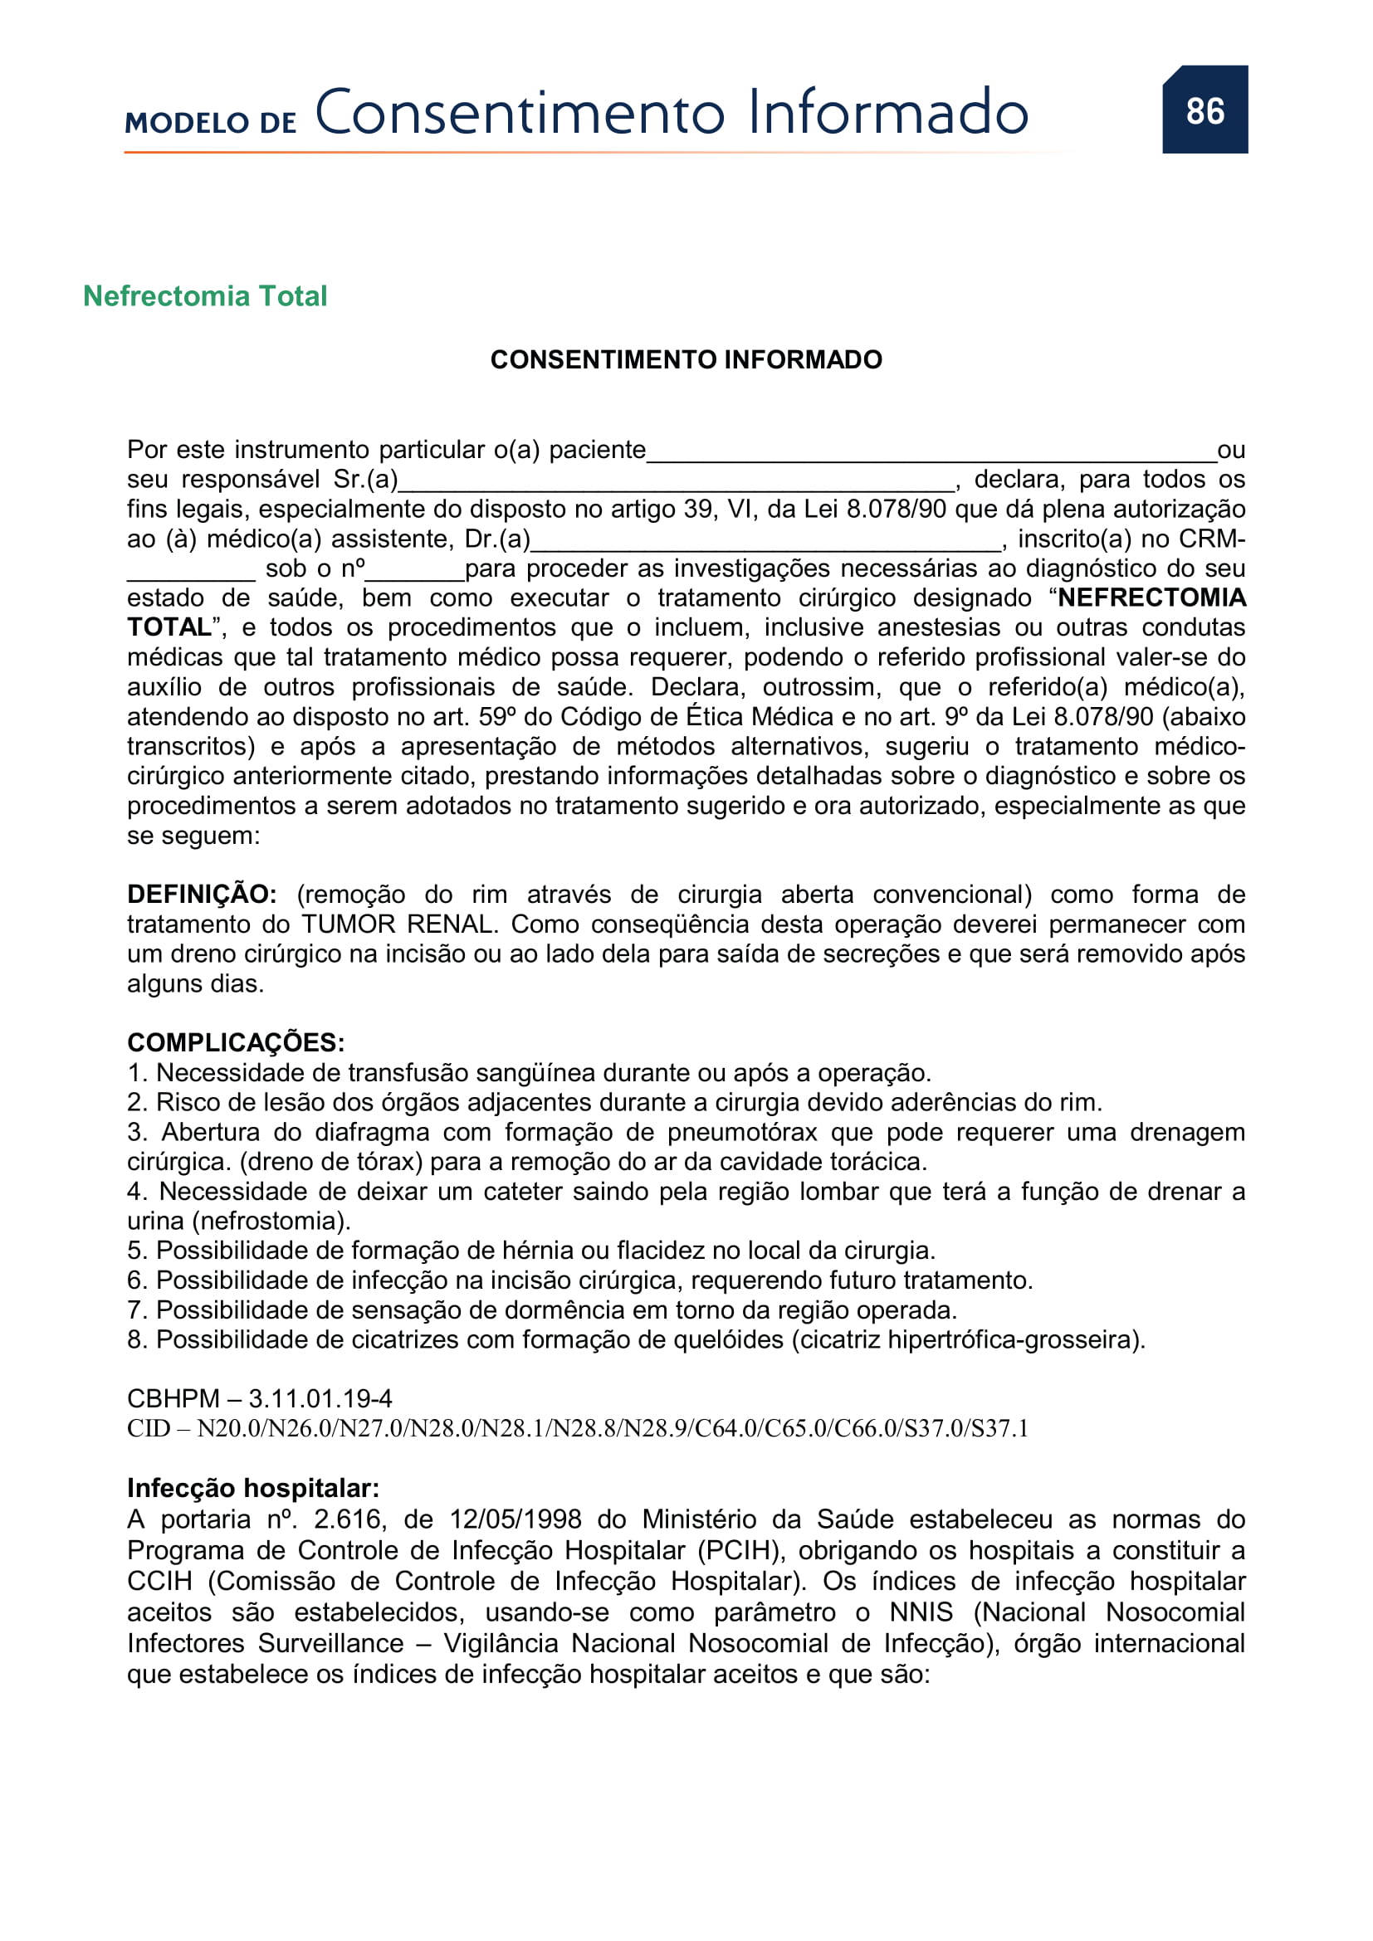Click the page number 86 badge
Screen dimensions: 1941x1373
(x=1204, y=110)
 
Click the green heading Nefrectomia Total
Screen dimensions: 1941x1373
(x=204, y=296)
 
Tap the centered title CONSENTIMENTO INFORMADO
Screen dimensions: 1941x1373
(x=686, y=360)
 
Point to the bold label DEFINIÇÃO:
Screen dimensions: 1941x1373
(x=201, y=895)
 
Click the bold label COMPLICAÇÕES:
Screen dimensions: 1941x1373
(x=236, y=1042)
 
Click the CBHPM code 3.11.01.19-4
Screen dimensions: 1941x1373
(x=320, y=1399)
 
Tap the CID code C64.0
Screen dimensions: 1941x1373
(x=729, y=1429)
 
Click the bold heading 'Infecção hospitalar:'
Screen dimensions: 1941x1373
(x=253, y=1488)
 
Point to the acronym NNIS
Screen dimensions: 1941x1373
(x=921, y=1612)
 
